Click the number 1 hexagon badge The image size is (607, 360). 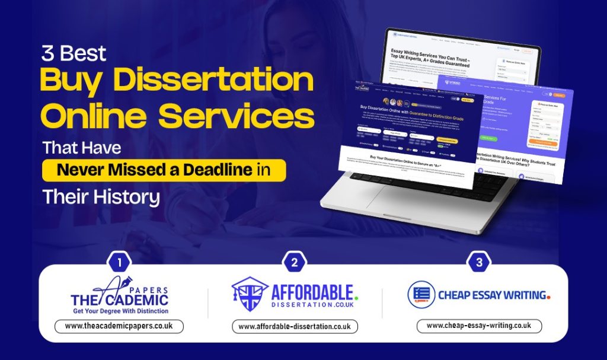click(120, 262)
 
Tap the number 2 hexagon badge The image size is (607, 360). click(295, 262)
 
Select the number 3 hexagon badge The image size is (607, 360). click(478, 262)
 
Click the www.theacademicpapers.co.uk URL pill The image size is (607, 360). click(119, 326)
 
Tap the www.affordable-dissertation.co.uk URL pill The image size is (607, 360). click(295, 326)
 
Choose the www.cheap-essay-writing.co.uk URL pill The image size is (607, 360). click(478, 326)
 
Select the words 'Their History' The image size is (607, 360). click(101, 197)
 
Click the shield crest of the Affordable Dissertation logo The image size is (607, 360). click(250, 294)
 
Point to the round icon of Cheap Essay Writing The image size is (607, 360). click(421, 295)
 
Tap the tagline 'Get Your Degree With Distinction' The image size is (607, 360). click(120, 311)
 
